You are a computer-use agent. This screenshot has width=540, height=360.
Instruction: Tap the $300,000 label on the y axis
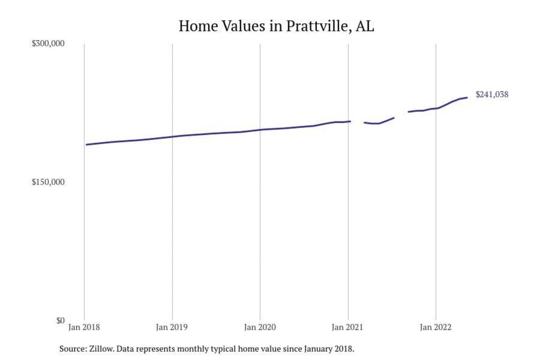(49, 44)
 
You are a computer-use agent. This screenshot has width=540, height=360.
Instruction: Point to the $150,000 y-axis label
(49, 182)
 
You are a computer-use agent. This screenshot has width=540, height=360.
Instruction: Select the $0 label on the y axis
(60, 320)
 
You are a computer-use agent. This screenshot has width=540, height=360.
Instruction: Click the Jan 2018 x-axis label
(85, 328)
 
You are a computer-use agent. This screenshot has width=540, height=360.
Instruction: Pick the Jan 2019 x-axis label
(172, 328)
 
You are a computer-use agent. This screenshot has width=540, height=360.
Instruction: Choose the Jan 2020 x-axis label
(260, 328)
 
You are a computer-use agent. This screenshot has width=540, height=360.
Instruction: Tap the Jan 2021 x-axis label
(348, 328)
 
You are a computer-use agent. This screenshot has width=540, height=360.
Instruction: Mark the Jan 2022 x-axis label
(436, 328)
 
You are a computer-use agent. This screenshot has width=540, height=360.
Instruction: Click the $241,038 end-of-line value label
(492, 94)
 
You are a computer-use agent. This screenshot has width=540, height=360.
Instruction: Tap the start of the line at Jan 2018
(86, 144)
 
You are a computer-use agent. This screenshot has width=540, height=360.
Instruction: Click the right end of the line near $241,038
(467, 97)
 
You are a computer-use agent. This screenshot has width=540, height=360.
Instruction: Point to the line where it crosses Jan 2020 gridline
(260, 130)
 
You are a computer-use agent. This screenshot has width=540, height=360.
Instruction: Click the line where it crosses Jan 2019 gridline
(172, 137)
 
